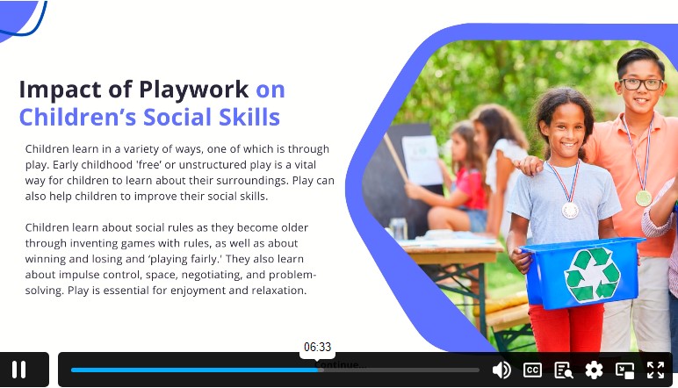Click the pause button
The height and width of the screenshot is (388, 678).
[x=19, y=370]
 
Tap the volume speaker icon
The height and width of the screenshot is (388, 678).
[x=501, y=370]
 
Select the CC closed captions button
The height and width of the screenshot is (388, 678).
[x=532, y=370]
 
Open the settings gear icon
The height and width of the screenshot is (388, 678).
[x=594, y=370]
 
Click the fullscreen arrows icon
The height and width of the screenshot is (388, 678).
[x=655, y=370]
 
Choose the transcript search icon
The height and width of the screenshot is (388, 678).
[x=564, y=370]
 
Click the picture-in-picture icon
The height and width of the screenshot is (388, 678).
[x=624, y=370]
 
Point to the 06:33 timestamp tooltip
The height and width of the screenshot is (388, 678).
[x=317, y=348]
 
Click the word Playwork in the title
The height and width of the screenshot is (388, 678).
[x=194, y=90]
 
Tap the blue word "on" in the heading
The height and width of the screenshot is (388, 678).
[x=270, y=90]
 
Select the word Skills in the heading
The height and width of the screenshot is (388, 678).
[x=249, y=117]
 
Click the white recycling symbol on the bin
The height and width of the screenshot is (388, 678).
[x=592, y=274]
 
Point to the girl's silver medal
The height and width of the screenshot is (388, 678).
[x=570, y=211]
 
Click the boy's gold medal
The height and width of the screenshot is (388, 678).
[x=644, y=198]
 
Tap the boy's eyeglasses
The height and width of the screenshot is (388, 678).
[x=641, y=84]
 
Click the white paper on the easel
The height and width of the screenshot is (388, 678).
[x=422, y=160]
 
